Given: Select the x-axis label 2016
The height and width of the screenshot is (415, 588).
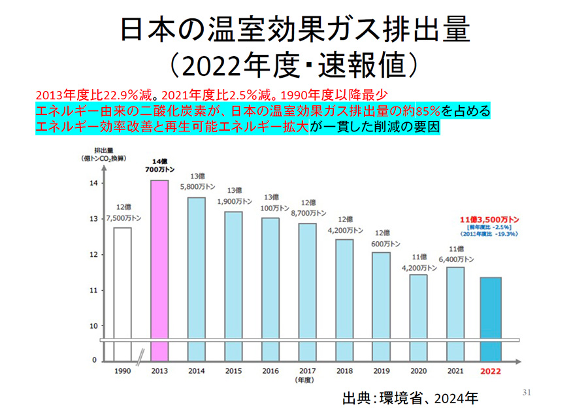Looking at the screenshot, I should pos(270,371).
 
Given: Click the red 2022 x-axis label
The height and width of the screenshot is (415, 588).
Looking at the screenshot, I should pos(491,371).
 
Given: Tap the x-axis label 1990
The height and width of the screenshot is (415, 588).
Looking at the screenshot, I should pos(122,371).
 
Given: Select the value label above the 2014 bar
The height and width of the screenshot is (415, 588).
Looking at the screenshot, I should pos(197,182).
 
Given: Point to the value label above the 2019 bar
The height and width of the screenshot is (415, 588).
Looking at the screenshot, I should pos(381,239).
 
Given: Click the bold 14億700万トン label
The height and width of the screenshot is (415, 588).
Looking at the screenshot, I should pos(159,165).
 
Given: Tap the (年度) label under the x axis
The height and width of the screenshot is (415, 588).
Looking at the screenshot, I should pos(307,380).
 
